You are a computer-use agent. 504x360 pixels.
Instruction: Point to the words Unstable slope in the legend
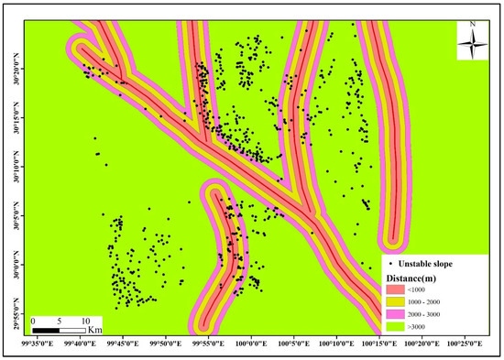click(440, 264)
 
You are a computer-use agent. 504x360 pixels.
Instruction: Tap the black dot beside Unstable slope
click(393, 264)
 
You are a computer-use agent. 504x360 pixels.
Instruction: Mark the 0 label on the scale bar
click(34, 322)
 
